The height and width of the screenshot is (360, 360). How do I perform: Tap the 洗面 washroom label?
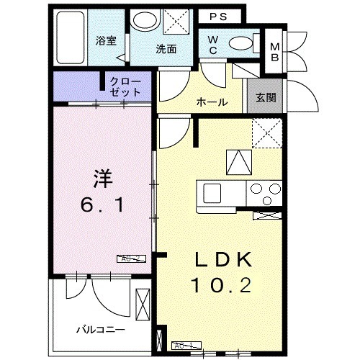[166, 49]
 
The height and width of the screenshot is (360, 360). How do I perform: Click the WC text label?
[214, 45]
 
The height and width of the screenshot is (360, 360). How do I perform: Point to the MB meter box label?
[275, 52]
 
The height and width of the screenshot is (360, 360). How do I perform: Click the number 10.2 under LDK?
[221, 287]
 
